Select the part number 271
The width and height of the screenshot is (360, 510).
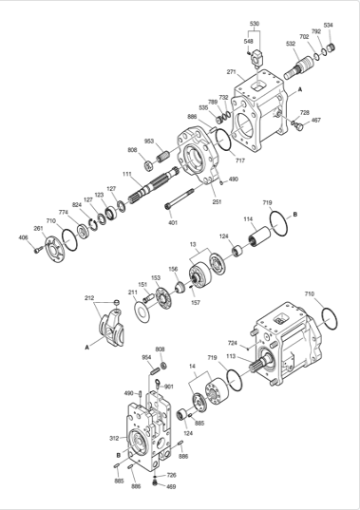(231, 72)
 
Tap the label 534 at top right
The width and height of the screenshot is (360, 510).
(329, 25)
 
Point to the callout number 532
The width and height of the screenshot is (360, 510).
(290, 44)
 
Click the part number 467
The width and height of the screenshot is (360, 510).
(316, 121)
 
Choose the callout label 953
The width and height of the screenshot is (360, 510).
(149, 141)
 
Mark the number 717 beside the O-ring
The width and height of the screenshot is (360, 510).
(228, 160)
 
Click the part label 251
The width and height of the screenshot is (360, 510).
(217, 201)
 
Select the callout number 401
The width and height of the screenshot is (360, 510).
(173, 222)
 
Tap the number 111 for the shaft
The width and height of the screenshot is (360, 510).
(126, 174)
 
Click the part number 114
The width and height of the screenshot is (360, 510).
(247, 219)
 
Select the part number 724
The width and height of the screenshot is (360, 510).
(232, 342)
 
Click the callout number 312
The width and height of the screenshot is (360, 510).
(113, 438)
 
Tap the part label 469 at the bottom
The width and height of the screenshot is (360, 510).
(171, 486)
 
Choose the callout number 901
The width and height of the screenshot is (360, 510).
(168, 387)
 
